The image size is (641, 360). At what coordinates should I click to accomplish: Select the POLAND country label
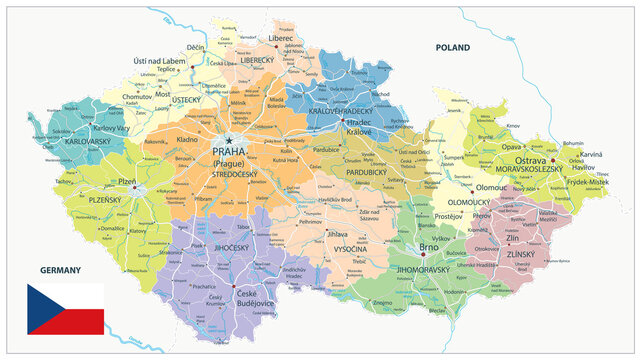[452, 47]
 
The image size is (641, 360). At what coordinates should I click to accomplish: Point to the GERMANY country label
[60, 270]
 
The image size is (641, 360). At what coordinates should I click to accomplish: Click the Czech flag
[65, 308]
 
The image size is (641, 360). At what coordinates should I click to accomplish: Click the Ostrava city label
[529, 160]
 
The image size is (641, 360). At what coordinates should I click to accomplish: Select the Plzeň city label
[126, 182]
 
